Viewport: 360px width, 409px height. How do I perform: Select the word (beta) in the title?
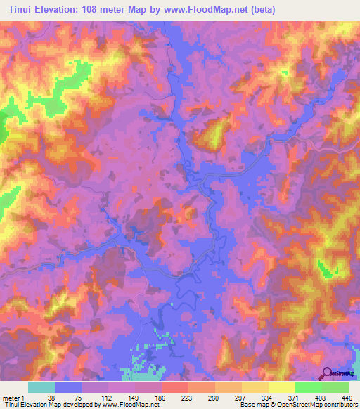click(259, 9)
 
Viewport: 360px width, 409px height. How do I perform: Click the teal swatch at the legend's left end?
click(41, 387)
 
